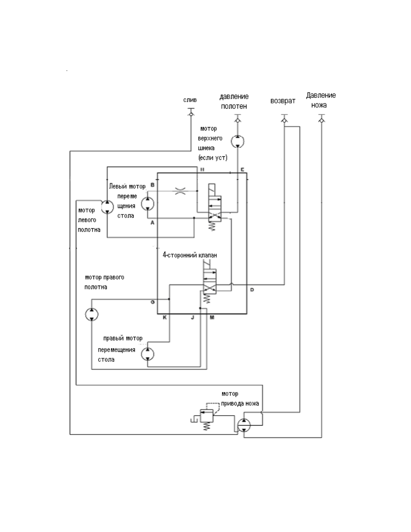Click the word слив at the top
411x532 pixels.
point(190,100)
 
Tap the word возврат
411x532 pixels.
point(283,101)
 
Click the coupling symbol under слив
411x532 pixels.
point(191,114)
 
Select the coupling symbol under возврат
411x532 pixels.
point(284,120)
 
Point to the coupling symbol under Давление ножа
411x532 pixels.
point(322,120)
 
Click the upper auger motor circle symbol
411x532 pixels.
point(237,141)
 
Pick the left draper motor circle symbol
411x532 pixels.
point(107,207)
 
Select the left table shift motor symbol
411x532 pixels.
point(147,204)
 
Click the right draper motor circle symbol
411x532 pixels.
point(92,314)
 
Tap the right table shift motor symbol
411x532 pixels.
point(147,354)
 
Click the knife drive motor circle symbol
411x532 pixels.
point(244,425)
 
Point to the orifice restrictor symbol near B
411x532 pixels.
point(180,191)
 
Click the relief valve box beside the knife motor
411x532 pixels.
point(207,416)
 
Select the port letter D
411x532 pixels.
point(252,290)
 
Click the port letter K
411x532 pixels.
point(165,317)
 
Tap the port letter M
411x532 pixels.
point(212,317)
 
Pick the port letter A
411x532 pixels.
point(152,223)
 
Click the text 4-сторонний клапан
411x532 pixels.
point(190,255)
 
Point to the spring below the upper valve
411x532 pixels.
point(212,226)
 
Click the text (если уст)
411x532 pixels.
point(213,158)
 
